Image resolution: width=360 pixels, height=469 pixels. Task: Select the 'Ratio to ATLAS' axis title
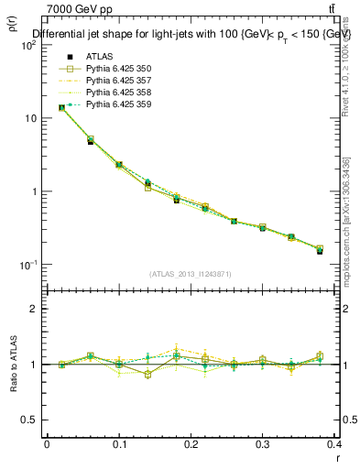pos(14,365)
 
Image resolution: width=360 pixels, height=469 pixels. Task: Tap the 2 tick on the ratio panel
pos(34,309)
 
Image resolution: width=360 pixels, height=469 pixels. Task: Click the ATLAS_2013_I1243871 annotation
pos(191,275)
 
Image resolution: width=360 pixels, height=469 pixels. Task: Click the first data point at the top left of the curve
pos(61,107)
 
